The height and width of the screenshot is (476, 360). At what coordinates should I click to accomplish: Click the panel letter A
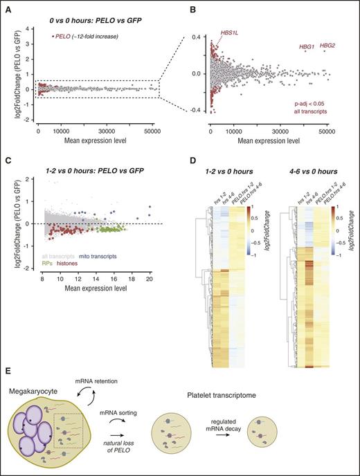pyautogui.click(x=7, y=7)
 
